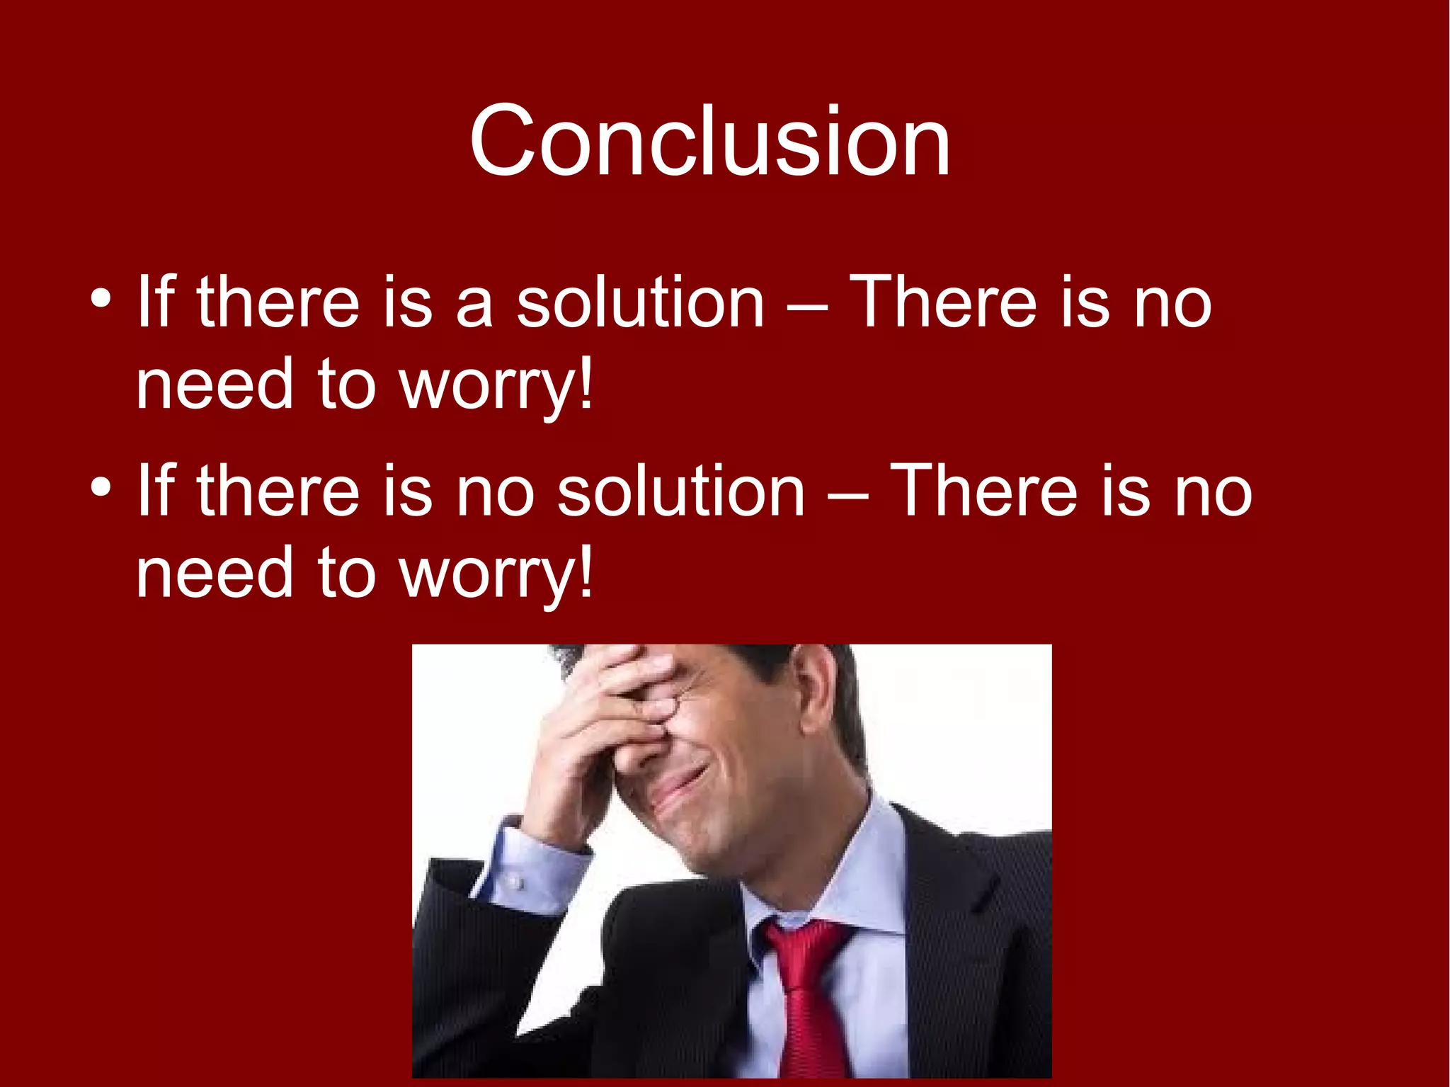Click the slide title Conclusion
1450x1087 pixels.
click(x=709, y=141)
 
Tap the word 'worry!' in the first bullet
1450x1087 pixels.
click(x=496, y=386)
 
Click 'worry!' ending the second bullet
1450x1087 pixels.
click(x=496, y=574)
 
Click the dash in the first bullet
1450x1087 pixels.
click(x=806, y=308)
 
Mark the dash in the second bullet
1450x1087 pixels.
click(x=847, y=496)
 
